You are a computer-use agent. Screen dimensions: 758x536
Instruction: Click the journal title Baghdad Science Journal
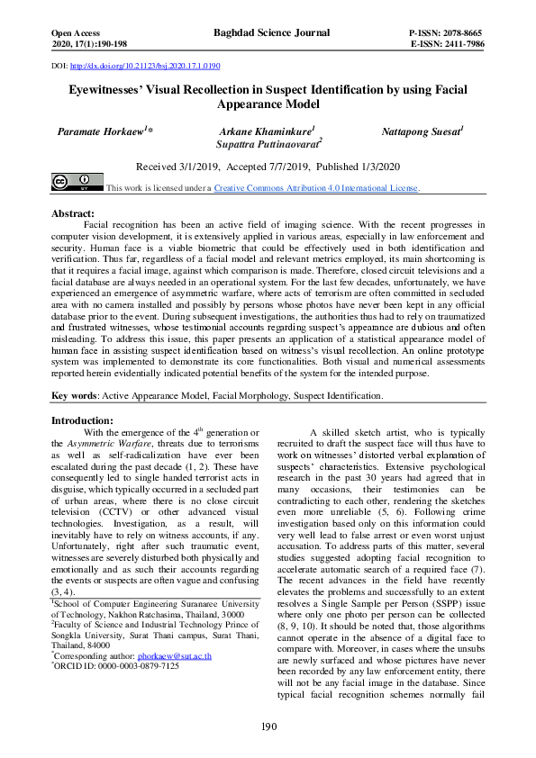(x=267, y=32)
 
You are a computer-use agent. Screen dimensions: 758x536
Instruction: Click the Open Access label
(x=78, y=32)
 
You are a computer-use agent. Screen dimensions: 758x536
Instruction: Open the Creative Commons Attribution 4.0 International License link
(x=315, y=188)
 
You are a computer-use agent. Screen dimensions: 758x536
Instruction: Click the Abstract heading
(x=73, y=212)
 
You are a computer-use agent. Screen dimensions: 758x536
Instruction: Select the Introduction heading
(x=82, y=420)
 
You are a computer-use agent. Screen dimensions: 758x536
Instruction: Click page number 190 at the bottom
(x=268, y=727)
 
